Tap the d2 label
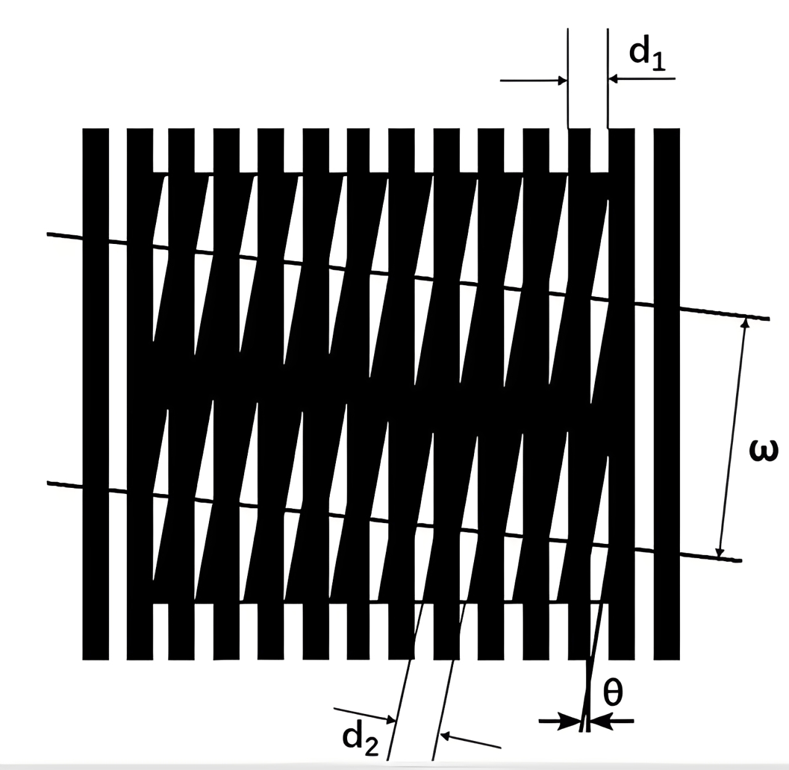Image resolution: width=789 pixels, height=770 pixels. coord(360,737)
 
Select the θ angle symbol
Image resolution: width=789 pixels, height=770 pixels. coord(612,694)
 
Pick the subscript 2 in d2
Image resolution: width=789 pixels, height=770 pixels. coord(371,746)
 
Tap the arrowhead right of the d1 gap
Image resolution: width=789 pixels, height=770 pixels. coord(613,79)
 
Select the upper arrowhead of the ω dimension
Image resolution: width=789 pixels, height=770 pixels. coord(744,324)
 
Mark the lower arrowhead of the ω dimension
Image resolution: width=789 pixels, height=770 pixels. coord(719,553)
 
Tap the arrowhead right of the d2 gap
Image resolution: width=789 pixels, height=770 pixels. coord(448,736)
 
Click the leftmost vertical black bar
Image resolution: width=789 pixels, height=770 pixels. coord(96,394)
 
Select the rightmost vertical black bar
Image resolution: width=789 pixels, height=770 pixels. coord(666,394)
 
